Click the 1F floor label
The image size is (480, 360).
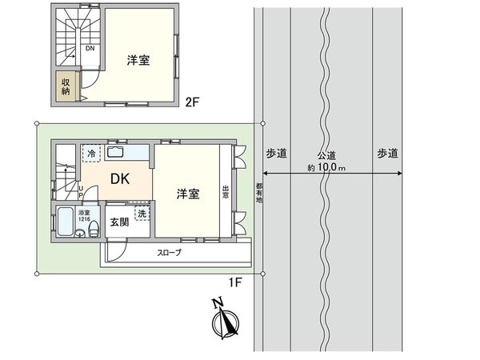[236, 282]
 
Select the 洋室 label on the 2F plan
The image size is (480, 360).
[139, 60]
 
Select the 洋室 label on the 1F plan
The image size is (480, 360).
[188, 194]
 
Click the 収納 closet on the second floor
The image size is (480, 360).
[64, 87]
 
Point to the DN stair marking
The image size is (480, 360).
[91, 47]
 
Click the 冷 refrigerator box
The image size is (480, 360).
[91, 154]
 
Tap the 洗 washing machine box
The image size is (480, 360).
[142, 214]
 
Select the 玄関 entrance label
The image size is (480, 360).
[118, 222]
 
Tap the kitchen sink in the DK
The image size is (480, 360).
[115, 152]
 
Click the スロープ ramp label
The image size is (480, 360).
[168, 253]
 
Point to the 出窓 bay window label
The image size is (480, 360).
[226, 191]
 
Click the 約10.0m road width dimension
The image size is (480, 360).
[330, 168]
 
